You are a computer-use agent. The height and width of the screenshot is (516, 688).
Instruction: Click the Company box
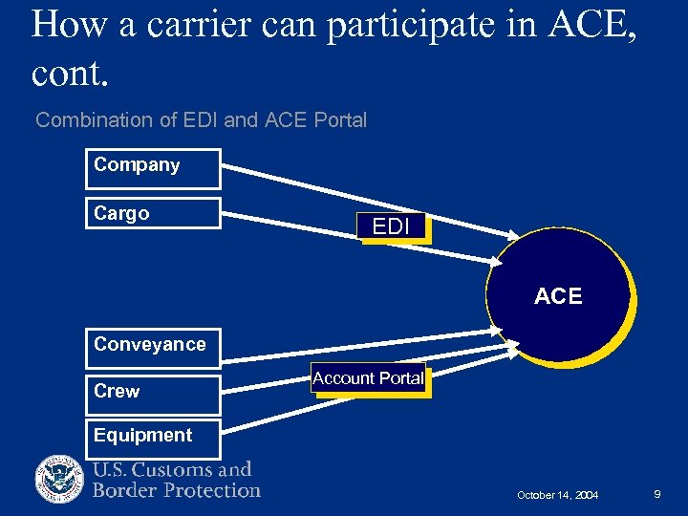click(152, 168)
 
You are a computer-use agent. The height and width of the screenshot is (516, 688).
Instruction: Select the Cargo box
click(152, 214)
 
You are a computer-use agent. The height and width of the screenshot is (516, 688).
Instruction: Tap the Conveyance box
click(152, 347)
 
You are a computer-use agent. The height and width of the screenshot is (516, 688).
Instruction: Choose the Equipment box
click(152, 438)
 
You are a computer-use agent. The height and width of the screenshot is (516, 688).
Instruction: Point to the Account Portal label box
click(367, 378)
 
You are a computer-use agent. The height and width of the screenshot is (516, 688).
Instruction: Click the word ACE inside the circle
click(558, 296)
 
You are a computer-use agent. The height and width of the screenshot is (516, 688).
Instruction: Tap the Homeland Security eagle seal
click(60, 479)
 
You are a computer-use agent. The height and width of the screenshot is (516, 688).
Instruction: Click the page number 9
click(657, 494)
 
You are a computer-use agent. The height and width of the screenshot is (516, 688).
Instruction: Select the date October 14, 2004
click(557, 495)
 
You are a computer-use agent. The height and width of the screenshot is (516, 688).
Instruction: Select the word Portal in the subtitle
click(339, 120)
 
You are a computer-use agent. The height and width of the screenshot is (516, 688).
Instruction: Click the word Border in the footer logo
click(124, 490)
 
